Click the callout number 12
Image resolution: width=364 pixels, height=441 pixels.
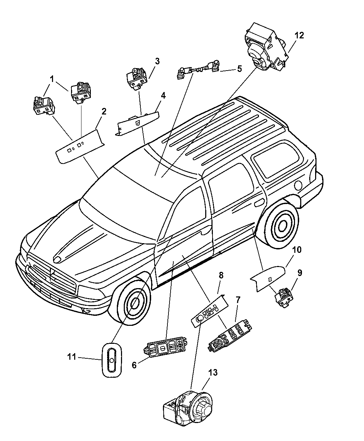(299, 35)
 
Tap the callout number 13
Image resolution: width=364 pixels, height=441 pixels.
(213, 373)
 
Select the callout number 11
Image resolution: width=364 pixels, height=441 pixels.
(71, 357)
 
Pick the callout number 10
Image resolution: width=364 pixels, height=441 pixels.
(287, 250)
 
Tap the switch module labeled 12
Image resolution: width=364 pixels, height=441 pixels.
(265, 47)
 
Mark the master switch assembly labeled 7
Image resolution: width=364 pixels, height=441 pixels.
(230, 334)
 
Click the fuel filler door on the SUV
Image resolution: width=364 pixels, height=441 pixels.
(297, 185)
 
